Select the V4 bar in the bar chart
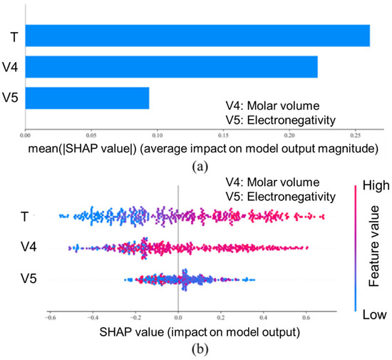(x=171, y=67)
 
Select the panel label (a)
(x=197, y=162)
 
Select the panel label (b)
(x=197, y=351)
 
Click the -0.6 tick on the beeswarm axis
(x=48, y=320)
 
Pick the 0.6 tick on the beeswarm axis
(x=306, y=320)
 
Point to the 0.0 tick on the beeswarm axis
(x=177, y=320)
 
